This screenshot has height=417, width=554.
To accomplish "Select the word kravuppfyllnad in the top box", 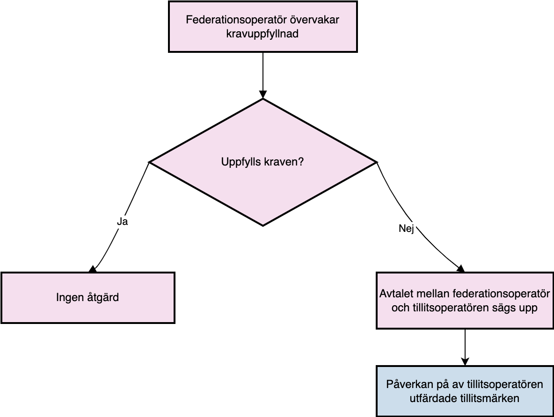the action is click(x=262, y=34).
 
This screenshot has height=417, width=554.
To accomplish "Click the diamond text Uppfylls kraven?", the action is click(x=262, y=162).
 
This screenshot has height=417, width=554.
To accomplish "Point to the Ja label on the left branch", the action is click(x=122, y=222).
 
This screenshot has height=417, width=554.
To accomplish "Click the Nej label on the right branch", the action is click(x=406, y=229).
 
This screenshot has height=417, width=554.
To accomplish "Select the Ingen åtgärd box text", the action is click(x=87, y=297).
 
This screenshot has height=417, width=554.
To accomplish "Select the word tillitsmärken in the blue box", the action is click(x=489, y=398).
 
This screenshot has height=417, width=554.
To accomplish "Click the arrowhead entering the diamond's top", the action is click(x=263, y=94).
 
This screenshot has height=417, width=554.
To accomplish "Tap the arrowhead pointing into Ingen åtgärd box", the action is click(x=93, y=269).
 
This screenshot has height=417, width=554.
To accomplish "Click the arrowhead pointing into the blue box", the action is click(x=465, y=361).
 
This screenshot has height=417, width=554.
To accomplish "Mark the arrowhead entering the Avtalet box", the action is click(x=461, y=269).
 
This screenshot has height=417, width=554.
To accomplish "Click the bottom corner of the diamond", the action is click(x=263, y=226).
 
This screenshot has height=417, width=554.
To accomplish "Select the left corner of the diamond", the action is click(x=149, y=162).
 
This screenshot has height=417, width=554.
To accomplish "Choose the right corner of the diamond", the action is click(x=377, y=162).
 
